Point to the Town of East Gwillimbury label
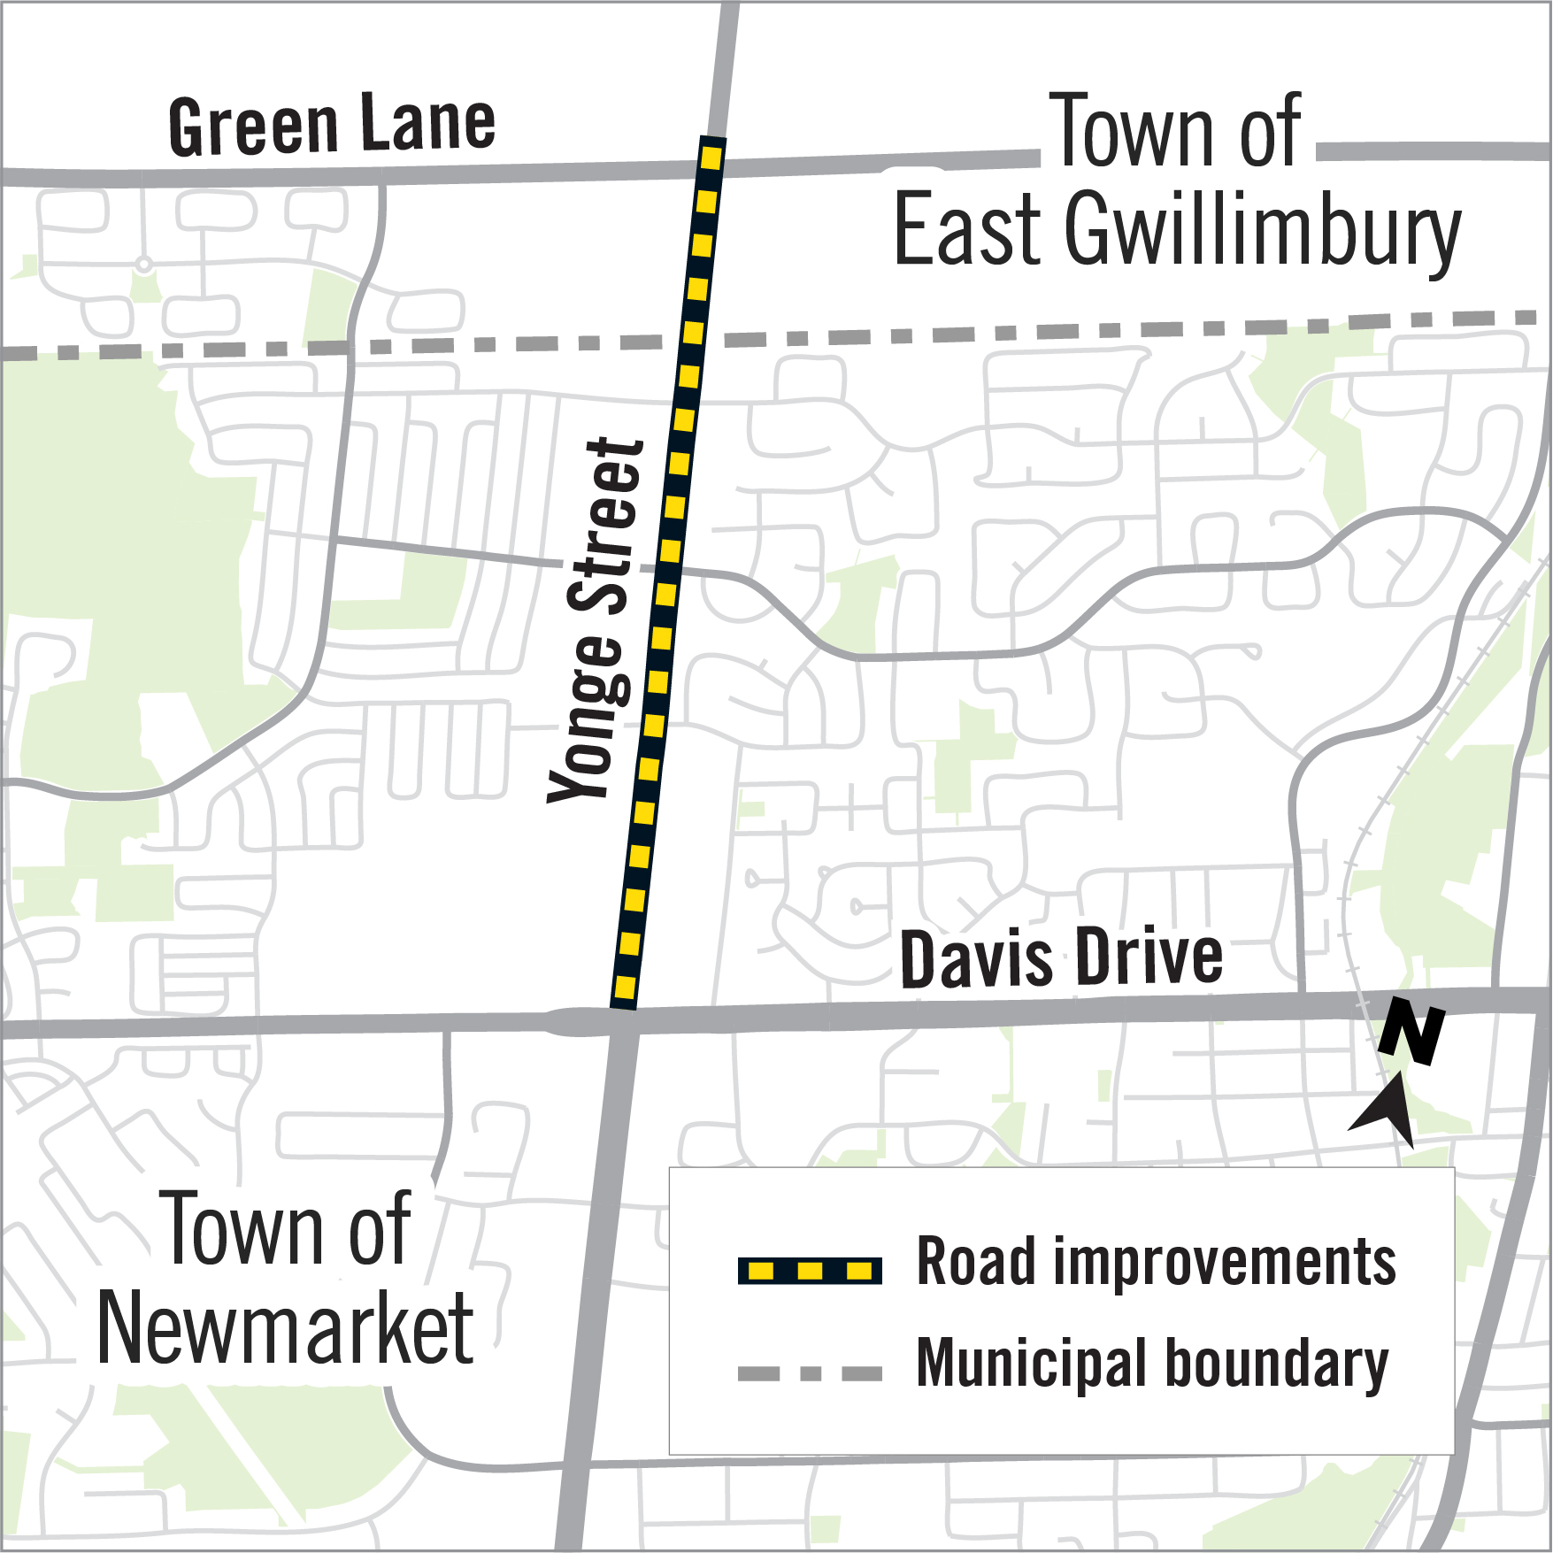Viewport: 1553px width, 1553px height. tap(1177, 181)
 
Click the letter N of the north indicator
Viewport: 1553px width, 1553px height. tap(1412, 1031)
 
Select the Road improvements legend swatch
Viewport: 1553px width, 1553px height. tap(810, 1271)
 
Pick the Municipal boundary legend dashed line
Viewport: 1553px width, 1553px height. tap(810, 1374)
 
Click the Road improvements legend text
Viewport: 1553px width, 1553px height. tap(1156, 1262)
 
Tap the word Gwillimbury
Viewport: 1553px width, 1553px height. tap(1262, 232)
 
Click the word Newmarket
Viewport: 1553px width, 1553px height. tap(285, 1328)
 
